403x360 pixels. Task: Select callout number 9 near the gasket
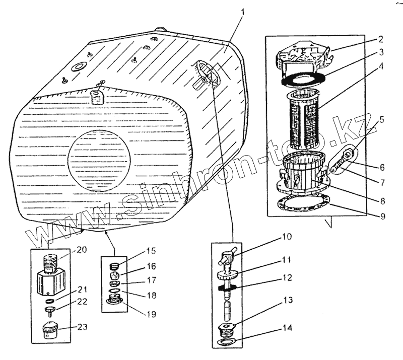click(381, 217)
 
